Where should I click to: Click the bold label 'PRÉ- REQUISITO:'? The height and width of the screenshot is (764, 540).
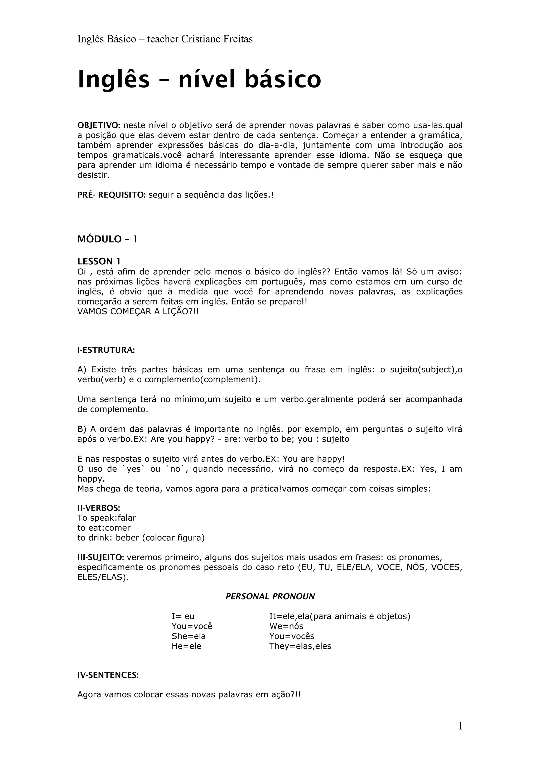(112, 195)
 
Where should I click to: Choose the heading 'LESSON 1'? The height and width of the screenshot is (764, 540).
(99, 261)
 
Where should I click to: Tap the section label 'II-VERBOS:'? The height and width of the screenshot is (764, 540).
(99, 508)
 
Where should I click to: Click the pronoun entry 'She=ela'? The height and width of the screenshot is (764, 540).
(189, 636)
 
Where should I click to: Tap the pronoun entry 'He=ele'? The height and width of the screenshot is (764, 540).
(186, 646)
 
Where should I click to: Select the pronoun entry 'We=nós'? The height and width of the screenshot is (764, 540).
(286, 626)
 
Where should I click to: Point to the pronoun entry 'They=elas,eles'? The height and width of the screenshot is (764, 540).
(300, 646)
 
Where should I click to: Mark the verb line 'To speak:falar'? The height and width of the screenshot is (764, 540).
(107, 518)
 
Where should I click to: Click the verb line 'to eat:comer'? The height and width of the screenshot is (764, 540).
(104, 528)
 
